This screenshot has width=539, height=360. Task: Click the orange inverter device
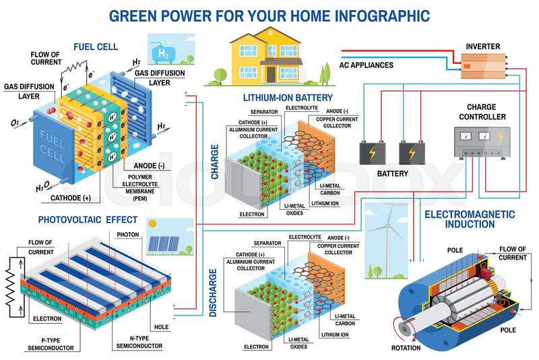(x=483, y=66)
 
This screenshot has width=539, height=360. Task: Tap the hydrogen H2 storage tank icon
(x=163, y=53)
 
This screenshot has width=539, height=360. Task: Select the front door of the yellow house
(x=272, y=74)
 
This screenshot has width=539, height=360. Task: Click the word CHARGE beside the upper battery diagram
(x=214, y=162)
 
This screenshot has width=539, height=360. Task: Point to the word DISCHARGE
(x=213, y=293)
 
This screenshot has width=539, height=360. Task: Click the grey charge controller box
(x=482, y=142)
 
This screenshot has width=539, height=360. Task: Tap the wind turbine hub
(x=388, y=226)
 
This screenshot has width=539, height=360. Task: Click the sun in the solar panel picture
(x=153, y=224)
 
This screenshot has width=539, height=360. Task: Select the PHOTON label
(x=128, y=235)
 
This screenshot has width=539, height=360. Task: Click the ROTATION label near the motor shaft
(x=406, y=348)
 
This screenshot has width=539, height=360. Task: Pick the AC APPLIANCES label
(x=366, y=65)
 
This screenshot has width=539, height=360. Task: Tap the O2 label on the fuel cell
(x=14, y=123)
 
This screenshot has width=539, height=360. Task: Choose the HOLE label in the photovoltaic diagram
(x=161, y=327)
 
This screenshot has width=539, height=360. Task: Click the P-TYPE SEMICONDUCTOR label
(x=51, y=344)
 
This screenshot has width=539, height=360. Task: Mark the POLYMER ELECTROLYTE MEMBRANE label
(x=140, y=187)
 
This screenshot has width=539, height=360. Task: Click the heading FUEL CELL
(x=96, y=47)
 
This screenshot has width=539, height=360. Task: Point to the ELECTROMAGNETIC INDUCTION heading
(x=470, y=219)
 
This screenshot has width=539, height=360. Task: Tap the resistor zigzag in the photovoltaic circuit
(x=10, y=287)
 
